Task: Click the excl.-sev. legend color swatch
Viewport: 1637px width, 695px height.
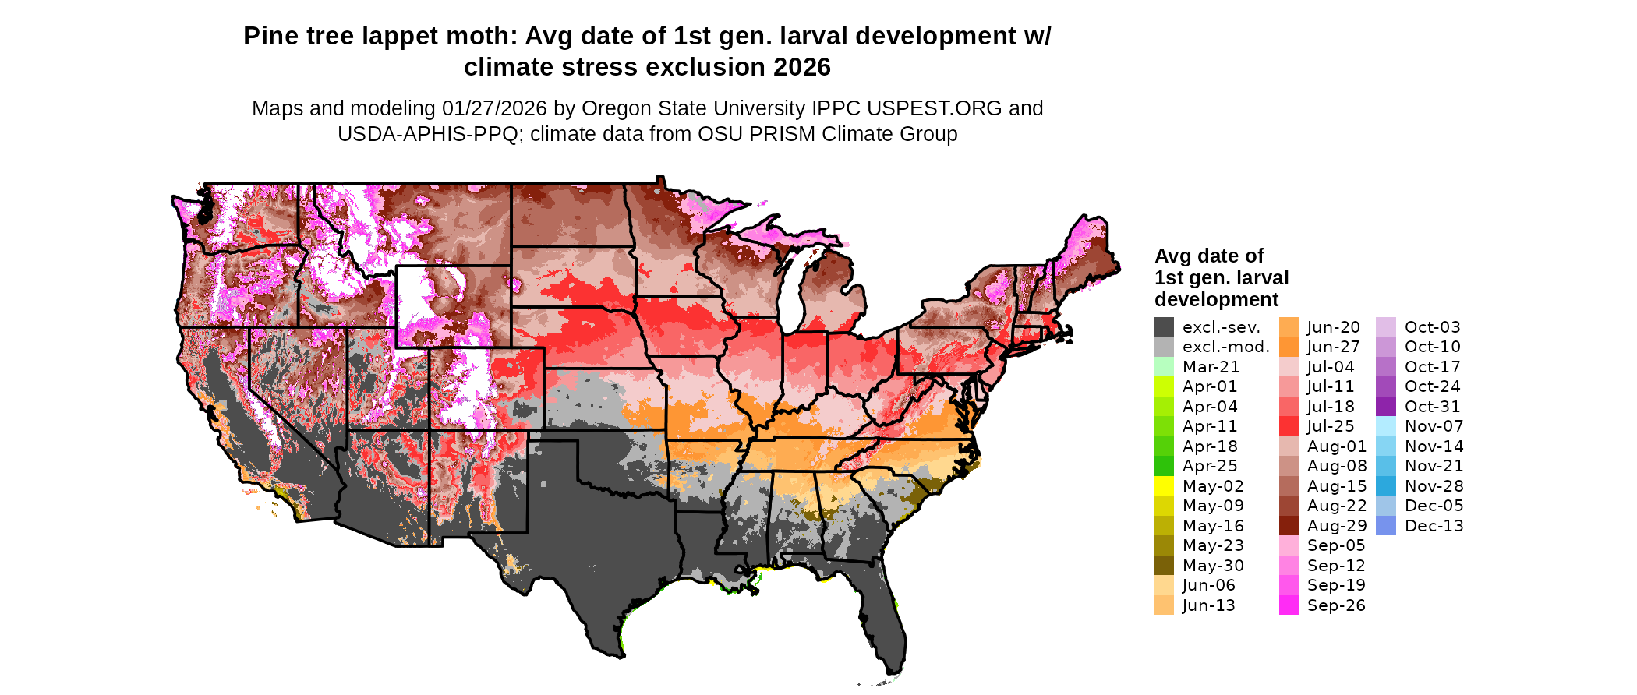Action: [1164, 327]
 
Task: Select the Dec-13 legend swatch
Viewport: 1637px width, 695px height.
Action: [1386, 526]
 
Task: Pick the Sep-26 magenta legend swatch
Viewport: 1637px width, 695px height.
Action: [1289, 605]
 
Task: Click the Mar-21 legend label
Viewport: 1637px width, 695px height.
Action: [1211, 367]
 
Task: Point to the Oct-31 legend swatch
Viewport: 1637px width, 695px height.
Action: [1386, 407]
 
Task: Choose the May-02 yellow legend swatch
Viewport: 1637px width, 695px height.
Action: [1164, 486]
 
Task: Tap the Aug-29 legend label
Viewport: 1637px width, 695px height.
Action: [1336, 526]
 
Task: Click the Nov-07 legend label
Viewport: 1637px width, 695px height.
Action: [1434, 426]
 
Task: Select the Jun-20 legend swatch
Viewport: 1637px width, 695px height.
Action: [1289, 327]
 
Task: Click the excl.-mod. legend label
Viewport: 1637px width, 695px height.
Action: [1225, 347]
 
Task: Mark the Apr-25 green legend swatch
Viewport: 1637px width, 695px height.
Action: [1164, 466]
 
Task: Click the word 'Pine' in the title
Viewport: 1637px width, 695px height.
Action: [268, 37]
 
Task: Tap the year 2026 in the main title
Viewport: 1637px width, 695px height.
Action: [802, 68]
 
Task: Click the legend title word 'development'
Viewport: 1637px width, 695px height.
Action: [1216, 300]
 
